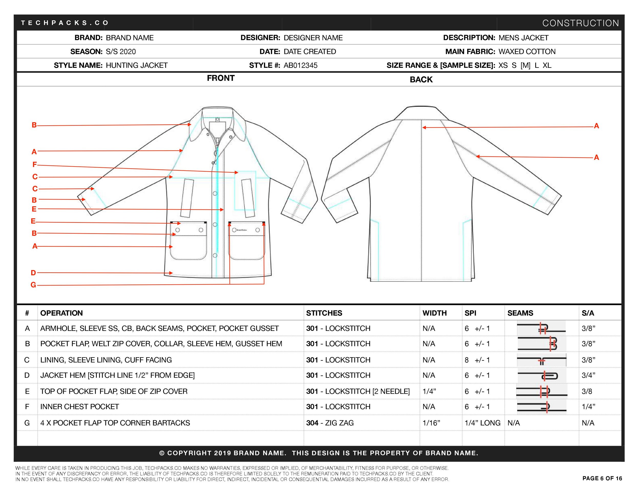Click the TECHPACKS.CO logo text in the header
point(65,23)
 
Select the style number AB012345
point(300,65)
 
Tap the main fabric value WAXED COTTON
point(527,51)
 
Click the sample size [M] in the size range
point(525,65)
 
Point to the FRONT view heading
point(221,78)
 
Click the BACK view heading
point(421,80)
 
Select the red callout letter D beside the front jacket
point(33,273)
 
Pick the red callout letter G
point(33,285)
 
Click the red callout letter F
point(35,165)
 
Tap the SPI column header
point(470,313)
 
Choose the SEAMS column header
point(520,313)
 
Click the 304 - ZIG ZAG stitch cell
point(330,423)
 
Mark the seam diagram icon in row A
point(541,328)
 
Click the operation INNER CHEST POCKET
point(79,407)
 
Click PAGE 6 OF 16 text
point(602,478)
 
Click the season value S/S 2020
point(121,51)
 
